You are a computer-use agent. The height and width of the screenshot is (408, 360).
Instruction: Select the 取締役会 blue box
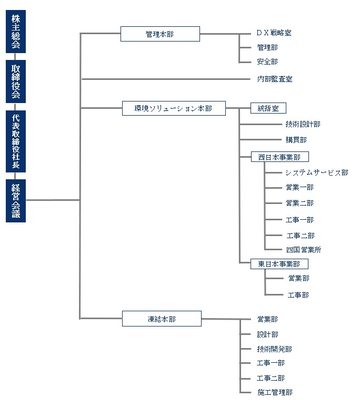[x=16, y=81]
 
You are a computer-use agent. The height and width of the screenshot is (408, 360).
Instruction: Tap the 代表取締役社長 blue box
[x=16, y=141]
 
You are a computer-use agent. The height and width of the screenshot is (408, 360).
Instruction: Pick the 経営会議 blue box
[x=16, y=200]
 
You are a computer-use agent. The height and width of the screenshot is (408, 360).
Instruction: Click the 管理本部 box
[x=160, y=34]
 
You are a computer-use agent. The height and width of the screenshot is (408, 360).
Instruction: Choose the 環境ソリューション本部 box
[x=173, y=108]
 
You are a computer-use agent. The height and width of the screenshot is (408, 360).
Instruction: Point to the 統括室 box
[x=268, y=108]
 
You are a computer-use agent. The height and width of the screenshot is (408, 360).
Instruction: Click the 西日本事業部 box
[x=279, y=157]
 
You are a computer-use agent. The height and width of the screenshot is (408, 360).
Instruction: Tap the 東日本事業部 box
[x=279, y=263]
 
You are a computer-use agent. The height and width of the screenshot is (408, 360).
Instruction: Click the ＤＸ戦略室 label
[x=274, y=33]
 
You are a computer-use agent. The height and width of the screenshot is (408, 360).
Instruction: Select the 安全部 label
[x=267, y=62]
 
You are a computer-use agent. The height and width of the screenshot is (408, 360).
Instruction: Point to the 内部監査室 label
[x=275, y=79]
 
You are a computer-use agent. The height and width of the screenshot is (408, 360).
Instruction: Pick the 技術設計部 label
[x=303, y=125]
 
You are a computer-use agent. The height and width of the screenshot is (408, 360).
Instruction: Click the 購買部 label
[x=296, y=140]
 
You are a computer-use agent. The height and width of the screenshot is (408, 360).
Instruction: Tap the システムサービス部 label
[x=316, y=172]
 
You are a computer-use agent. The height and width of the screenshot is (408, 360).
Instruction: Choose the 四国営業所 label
[x=304, y=250]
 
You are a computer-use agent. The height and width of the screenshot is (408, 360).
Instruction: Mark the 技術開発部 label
[x=274, y=349]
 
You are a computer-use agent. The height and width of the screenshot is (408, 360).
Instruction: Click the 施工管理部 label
[x=274, y=392]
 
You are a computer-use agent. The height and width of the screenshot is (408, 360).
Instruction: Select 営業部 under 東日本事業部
[x=298, y=279]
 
